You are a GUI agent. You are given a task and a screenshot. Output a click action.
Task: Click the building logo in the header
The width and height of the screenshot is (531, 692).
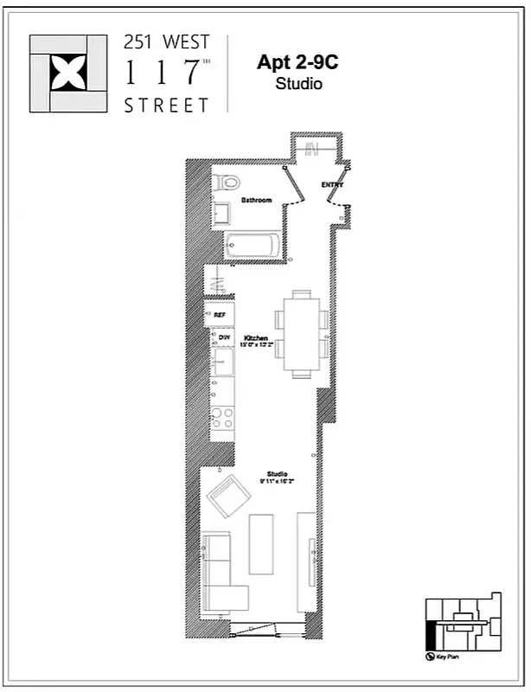pos(68,74)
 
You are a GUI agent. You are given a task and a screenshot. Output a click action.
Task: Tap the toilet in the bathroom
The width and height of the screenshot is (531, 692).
pos(227,184)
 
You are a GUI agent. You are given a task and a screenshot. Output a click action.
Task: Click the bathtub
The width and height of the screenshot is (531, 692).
pos(252,246)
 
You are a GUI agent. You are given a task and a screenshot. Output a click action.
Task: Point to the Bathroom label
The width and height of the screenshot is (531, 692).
pos(256,201)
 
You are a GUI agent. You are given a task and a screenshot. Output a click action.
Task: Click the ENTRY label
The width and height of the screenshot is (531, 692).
pos(332,185)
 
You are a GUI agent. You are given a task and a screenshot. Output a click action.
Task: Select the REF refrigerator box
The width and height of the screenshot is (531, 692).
pos(220,315)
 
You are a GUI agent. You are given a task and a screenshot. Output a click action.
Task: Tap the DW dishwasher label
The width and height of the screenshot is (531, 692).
pos(223,337)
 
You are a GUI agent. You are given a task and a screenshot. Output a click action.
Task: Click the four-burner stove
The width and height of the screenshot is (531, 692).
pos(223,419)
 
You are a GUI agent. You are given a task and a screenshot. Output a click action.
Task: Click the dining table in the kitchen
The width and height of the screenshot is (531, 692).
pos(302,334)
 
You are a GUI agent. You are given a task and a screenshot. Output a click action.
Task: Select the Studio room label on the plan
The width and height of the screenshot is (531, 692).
pos(277,474)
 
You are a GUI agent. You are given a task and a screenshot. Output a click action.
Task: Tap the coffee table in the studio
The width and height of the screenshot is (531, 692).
pos(262,542)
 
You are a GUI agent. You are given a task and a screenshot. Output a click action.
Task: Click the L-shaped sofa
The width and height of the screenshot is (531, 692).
pos(221,574)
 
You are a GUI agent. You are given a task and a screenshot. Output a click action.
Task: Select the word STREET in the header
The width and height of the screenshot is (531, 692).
pos(167,106)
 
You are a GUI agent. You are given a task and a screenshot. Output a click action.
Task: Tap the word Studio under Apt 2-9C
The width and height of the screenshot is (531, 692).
pos(298,84)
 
